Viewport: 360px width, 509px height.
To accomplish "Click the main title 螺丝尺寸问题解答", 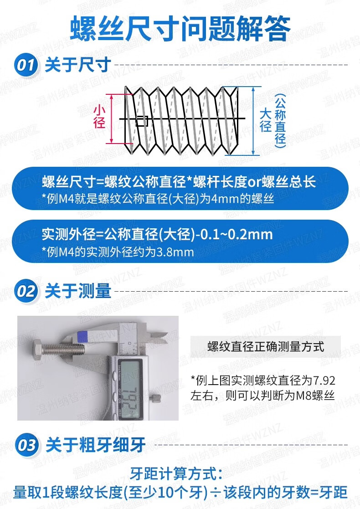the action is pyautogui.click(x=180, y=29).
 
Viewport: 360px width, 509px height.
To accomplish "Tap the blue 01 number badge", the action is pyautogui.click(x=26, y=65).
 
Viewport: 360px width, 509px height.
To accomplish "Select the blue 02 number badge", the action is pyautogui.click(x=26, y=291).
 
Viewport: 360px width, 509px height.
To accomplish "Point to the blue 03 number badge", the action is pyautogui.click(x=26, y=445).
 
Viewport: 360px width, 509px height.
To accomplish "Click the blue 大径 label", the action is pyautogui.click(x=265, y=120).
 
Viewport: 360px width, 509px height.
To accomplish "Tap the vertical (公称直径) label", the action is pyautogui.click(x=280, y=121).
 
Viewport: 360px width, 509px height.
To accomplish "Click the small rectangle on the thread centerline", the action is pyautogui.click(x=142, y=121).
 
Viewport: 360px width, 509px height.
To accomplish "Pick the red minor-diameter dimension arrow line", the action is pyautogui.click(x=111, y=118).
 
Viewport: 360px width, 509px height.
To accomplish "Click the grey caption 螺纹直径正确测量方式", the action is pyautogui.click(x=266, y=346).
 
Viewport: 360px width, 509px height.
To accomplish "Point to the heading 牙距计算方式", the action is pyautogui.click(x=176, y=474).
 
